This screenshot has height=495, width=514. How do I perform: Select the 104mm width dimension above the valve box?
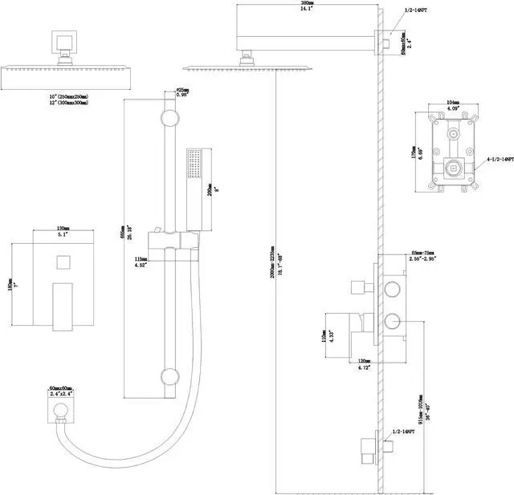pyautogui.click(x=452, y=102)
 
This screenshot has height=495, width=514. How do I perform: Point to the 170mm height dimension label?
pyautogui.click(x=410, y=149)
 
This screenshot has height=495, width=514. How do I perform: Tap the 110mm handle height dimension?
pyautogui.click(x=324, y=335)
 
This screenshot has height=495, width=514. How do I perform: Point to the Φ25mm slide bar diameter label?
pyautogui.click(x=182, y=89)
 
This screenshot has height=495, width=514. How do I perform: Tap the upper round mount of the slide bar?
pyautogui.click(x=169, y=119)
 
